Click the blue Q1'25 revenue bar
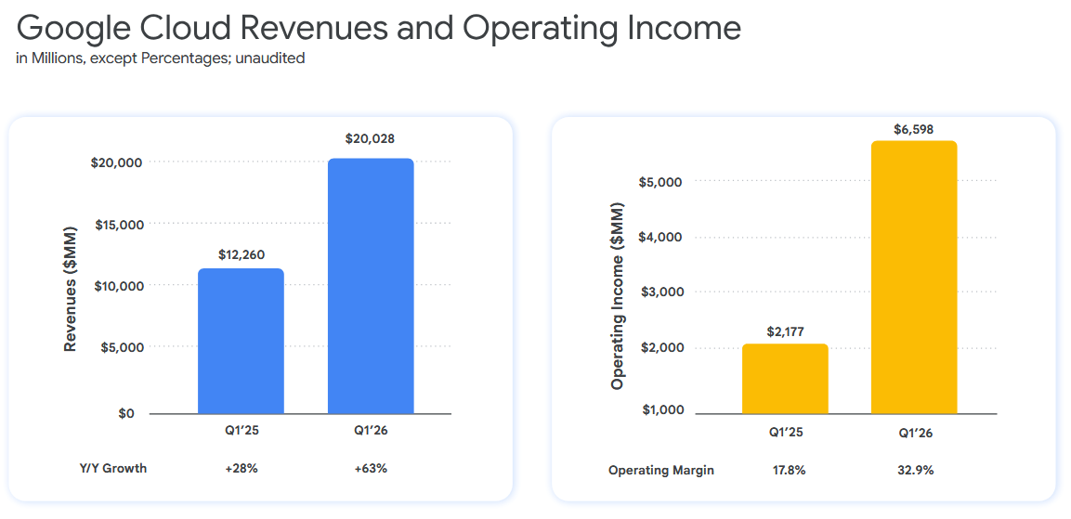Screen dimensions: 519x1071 coord(241,341)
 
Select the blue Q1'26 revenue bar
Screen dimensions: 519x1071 coord(371,286)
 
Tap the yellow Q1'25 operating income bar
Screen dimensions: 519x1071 coord(785,379)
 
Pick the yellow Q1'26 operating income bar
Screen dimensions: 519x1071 coord(914,278)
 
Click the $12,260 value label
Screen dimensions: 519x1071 coord(241,253)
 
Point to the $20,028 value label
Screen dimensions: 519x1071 coord(371,139)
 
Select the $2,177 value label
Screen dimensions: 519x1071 coord(785,330)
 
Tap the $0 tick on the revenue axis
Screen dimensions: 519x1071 coord(126,413)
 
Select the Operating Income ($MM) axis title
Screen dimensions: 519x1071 coord(618,295)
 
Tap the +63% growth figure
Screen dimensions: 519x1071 coord(371,468)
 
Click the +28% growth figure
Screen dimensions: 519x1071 coord(241,468)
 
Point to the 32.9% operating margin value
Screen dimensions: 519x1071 coord(914,470)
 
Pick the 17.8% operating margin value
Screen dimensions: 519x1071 coord(785,470)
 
